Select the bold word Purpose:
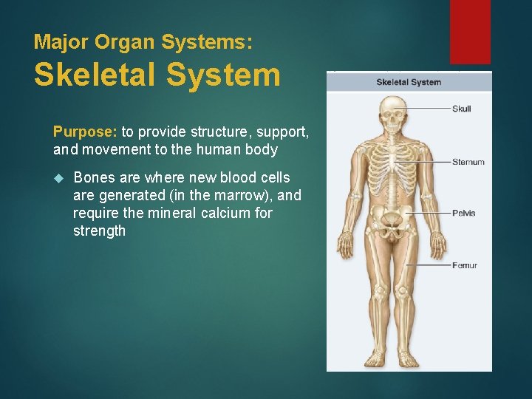85,132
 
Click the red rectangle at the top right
470,31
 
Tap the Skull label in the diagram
461,109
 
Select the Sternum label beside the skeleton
468,162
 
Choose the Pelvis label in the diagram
463,213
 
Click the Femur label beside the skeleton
464,265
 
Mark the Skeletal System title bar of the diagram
409,81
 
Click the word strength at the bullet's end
99,231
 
